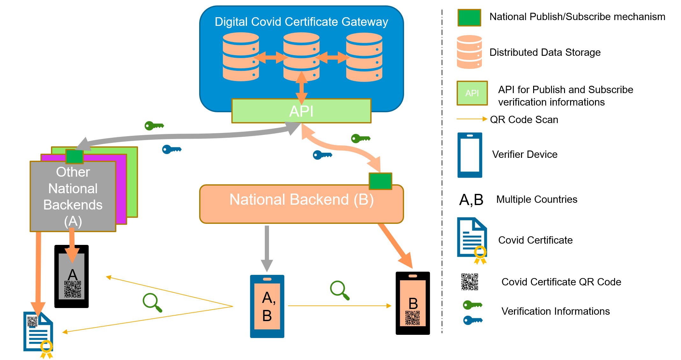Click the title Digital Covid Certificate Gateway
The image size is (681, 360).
point(301,22)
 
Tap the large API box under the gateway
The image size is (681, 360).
point(301,111)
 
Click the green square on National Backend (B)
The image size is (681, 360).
point(380,181)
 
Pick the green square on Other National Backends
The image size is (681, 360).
point(75,157)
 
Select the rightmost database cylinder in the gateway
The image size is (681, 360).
point(364,57)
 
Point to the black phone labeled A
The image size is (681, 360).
point(71,276)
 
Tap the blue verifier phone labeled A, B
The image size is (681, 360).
point(267,306)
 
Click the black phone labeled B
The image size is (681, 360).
point(413,303)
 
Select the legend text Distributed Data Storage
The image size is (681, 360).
point(545,52)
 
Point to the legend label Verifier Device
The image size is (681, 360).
point(525,154)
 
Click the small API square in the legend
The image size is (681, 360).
point(472,93)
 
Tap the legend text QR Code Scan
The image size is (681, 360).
point(524,120)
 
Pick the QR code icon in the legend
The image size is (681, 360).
point(470,282)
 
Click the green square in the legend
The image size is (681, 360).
point(469,18)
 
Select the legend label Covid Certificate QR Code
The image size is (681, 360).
point(561,282)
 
